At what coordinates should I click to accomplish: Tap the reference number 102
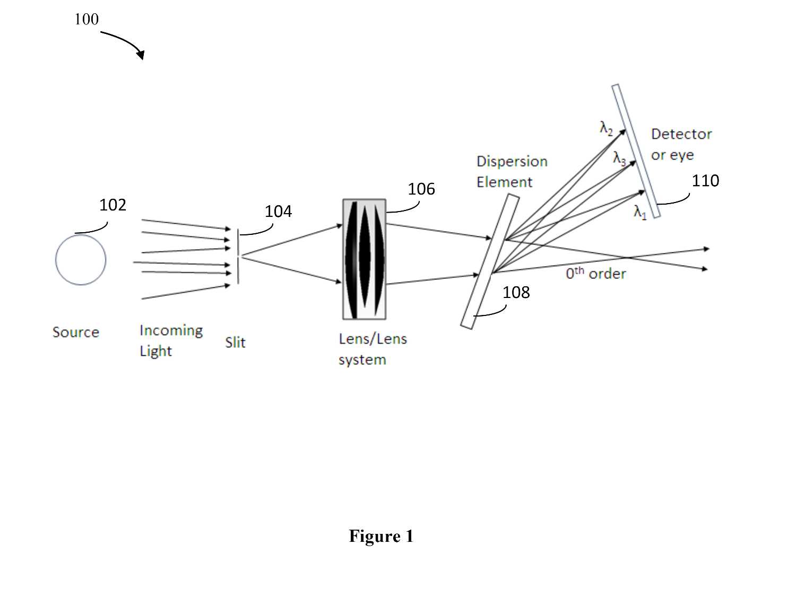tap(113, 205)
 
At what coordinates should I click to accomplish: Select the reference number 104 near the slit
tap(278, 212)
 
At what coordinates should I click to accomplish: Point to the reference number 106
tap(421, 189)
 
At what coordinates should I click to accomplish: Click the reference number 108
tap(516, 292)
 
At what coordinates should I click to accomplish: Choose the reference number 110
tap(705, 181)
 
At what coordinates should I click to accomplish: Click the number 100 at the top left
tap(86, 19)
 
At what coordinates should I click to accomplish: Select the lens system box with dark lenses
tap(364, 259)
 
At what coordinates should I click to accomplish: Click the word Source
tap(76, 332)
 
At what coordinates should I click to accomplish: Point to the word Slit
tap(235, 342)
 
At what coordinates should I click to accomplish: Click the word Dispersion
tap(512, 162)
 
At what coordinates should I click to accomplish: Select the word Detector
tap(681, 134)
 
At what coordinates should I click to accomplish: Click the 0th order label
tap(596, 273)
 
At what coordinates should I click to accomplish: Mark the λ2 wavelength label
tap(607, 129)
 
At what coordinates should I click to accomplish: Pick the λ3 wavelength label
tap(619, 159)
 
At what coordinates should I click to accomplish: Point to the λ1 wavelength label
tap(640, 212)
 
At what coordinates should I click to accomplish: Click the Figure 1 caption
tap(381, 537)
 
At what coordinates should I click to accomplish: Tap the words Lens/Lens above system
tap(373, 339)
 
